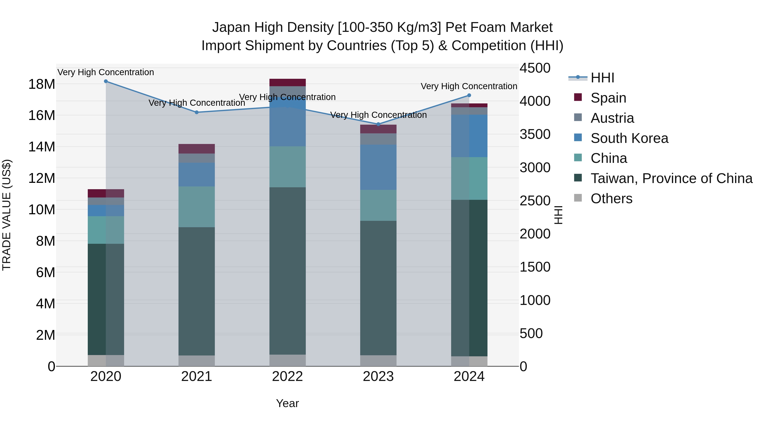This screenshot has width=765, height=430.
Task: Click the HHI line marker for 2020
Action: pyautogui.click(x=106, y=81)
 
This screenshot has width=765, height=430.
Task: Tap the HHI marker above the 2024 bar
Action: pyautogui.click(x=469, y=95)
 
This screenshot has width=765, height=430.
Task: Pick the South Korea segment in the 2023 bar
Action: pyautogui.click(x=378, y=167)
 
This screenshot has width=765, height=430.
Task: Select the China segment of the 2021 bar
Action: pyautogui.click(x=196, y=207)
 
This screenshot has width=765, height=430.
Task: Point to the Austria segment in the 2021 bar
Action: pyautogui.click(x=196, y=158)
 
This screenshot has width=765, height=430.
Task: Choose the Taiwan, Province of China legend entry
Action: pyautogui.click(x=671, y=178)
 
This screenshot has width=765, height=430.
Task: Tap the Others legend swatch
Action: pyautogui.click(x=578, y=198)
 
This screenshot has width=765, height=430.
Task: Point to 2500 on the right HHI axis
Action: pyautogui.click(x=535, y=201)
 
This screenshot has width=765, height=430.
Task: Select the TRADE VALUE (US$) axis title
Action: pyautogui.click(x=7, y=215)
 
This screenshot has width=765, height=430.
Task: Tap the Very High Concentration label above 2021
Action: pyautogui.click(x=196, y=103)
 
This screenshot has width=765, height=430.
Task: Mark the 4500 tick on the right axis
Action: pyautogui.click(x=535, y=68)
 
